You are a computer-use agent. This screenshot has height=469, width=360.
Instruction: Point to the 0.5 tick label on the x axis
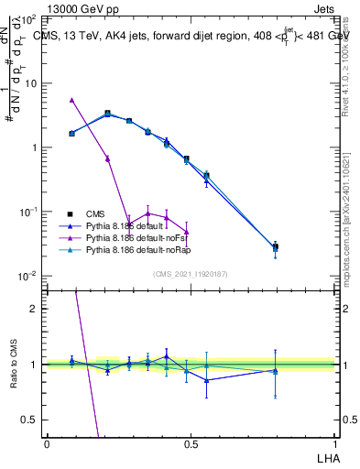[190, 443]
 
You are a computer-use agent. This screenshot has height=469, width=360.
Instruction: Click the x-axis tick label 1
[333, 443]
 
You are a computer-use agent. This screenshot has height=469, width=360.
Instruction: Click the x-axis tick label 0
[47, 443]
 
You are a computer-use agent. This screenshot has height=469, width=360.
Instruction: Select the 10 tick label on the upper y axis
[30, 83]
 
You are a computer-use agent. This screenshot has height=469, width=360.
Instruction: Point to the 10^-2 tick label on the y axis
[28, 276]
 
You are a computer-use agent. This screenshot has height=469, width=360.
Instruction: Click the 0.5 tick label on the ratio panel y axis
[30, 420]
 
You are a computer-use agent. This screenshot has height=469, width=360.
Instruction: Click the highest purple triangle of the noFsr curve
[72, 99]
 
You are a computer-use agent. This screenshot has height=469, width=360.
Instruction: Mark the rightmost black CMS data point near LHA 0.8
[276, 245]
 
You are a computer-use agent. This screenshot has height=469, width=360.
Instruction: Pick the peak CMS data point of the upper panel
[108, 113]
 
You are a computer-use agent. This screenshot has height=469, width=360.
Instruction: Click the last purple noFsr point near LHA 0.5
[187, 231]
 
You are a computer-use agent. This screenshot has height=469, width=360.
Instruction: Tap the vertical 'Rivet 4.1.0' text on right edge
[345, 64]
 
